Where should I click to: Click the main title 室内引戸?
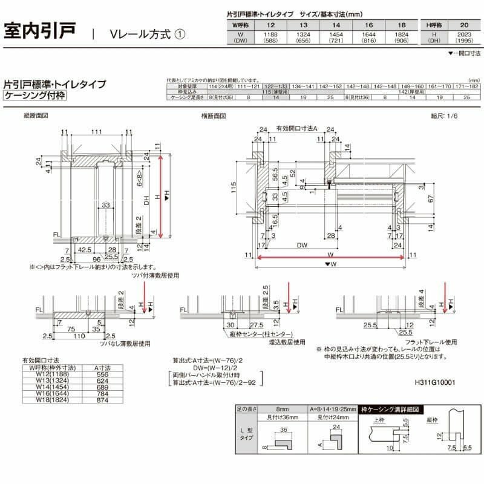tap(41, 30)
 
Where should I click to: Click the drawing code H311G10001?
tap(436, 383)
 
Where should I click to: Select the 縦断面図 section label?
tap(36, 115)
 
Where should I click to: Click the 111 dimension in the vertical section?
tap(97, 132)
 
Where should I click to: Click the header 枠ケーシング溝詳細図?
tap(390, 410)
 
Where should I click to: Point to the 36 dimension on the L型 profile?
tap(282, 431)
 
